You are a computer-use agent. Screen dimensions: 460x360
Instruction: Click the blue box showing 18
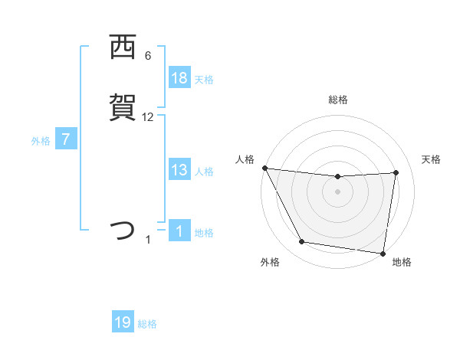(179, 78)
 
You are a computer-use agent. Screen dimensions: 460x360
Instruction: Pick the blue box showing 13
(179, 171)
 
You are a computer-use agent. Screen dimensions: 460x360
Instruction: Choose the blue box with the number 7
(66, 140)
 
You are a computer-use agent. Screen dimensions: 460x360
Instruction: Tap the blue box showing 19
(123, 322)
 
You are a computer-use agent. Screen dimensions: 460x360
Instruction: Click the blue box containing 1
(179, 231)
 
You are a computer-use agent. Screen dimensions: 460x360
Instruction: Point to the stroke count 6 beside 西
(148, 56)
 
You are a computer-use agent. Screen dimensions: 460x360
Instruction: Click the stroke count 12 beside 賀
(148, 117)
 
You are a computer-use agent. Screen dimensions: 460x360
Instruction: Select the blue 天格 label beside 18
(204, 80)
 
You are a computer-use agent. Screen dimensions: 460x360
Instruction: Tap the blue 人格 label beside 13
(204, 172)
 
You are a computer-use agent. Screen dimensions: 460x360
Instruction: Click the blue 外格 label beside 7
(40, 141)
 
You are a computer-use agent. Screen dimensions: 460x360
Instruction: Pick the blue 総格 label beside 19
(147, 324)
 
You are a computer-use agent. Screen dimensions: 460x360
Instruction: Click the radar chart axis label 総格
(338, 100)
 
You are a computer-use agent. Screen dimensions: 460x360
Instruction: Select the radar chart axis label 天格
(431, 159)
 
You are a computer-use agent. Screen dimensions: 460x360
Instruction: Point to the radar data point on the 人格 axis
(264, 168)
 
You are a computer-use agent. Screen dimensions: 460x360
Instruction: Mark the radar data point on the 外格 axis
(302, 243)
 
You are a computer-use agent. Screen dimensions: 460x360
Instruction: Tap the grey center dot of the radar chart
(338, 191)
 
